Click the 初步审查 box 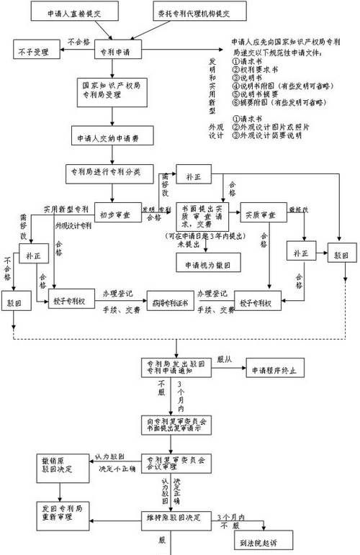point(114,214)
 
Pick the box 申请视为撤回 point(202,263)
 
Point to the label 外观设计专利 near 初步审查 point(73,226)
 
